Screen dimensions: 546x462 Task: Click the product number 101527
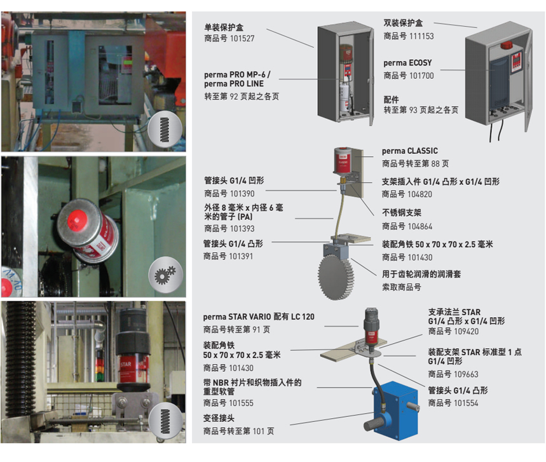pos(242,38)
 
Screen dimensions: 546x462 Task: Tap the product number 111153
pos(421,36)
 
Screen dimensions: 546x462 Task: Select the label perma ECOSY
pos(407,63)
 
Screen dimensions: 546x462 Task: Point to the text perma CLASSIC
pos(409,151)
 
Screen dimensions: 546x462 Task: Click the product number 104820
pos(420,194)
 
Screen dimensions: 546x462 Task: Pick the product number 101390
pos(242,194)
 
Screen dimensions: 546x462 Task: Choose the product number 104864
pos(420,227)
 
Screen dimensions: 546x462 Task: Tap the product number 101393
pos(242,229)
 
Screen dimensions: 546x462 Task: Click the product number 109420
pos(466,332)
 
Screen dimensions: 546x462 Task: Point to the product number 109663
pos(466,374)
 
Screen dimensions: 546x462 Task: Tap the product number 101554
pos(466,403)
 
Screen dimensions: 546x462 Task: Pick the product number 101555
pos(241,403)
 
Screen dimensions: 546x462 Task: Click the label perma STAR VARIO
pos(237,317)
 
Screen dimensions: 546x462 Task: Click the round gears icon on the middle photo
pos(166,275)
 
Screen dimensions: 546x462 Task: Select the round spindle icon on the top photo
pos(165,130)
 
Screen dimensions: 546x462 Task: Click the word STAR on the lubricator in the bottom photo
pos(126,365)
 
